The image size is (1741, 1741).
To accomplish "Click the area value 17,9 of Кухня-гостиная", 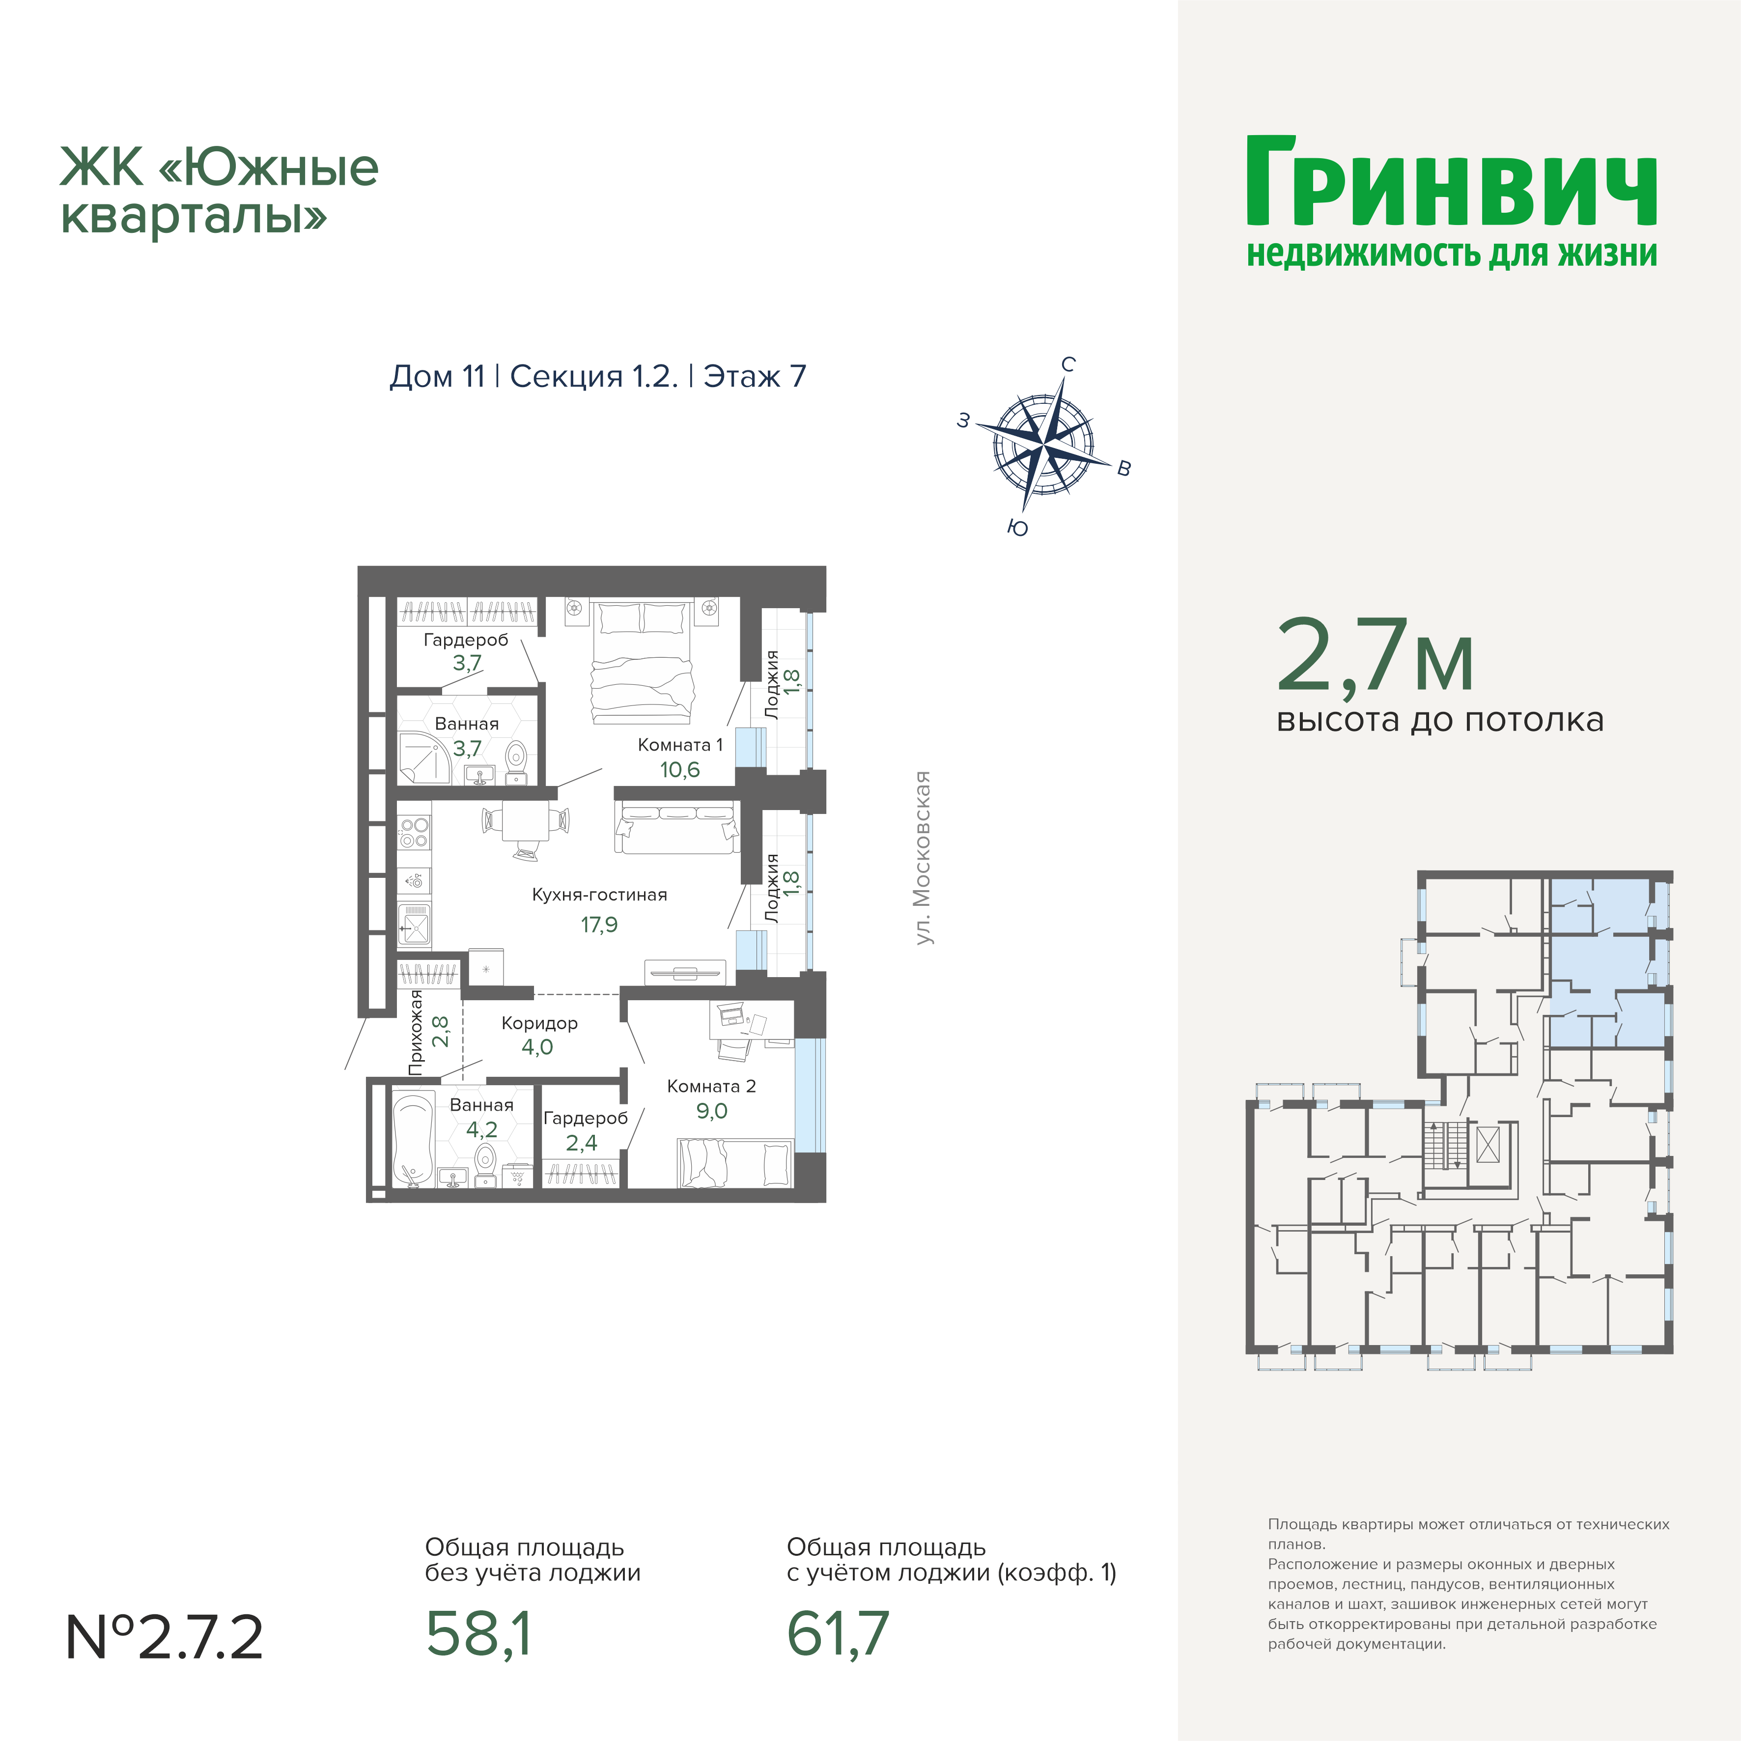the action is tap(599, 925).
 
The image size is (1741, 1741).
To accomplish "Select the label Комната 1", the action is tap(680, 745).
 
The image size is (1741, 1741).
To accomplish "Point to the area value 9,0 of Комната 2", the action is tap(712, 1111).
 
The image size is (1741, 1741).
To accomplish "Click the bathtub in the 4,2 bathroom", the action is tap(414, 1139).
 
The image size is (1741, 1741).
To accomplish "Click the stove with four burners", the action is tap(415, 833).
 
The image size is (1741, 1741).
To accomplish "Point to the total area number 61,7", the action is tap(838, 1634).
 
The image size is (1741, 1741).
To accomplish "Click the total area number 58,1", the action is tap(478, 1634).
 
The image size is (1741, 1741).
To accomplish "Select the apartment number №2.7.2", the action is tap(164, 1636).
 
